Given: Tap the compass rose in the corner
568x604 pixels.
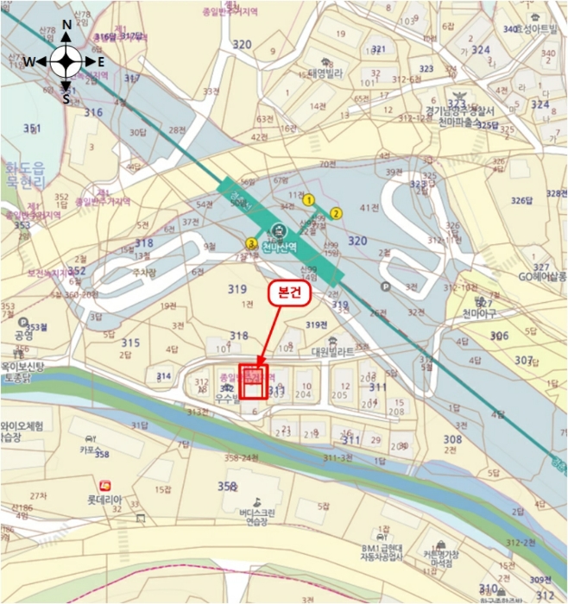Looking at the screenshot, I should [66, 61].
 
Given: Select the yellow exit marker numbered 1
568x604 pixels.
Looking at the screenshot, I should [308, 200].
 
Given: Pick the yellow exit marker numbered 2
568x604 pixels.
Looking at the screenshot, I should [337, 213].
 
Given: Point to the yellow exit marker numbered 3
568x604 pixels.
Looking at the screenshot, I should [251, 243].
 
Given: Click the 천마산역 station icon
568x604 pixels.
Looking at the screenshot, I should [278, 230].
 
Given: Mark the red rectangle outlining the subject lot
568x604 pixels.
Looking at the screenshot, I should [254, 381].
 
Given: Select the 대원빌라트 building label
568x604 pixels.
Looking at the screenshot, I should [333, 352].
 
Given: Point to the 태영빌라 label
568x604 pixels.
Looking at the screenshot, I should [327, 73].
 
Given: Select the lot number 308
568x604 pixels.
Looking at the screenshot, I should [452, 439].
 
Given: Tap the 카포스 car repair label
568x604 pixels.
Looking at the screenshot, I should [91, 449].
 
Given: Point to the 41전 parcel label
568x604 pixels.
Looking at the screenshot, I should [369, 208].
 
